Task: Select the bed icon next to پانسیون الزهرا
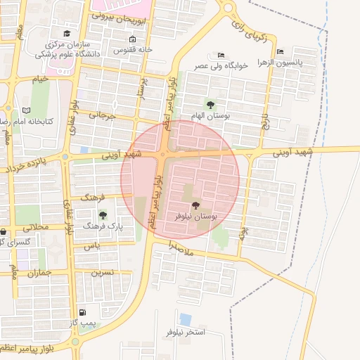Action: (281, 51)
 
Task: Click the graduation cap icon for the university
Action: (67, 33)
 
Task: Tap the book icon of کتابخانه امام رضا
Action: (27, 110)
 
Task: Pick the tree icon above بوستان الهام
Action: (210, 104)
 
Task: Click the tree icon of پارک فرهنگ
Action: (103, 215)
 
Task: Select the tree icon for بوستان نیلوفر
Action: (195, 205)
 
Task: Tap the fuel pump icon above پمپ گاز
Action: (83, 312)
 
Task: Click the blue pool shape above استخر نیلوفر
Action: (186, 319)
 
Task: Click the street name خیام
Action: (40, 79)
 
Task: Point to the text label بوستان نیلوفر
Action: (196, 217)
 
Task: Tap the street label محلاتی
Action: (37, 228)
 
